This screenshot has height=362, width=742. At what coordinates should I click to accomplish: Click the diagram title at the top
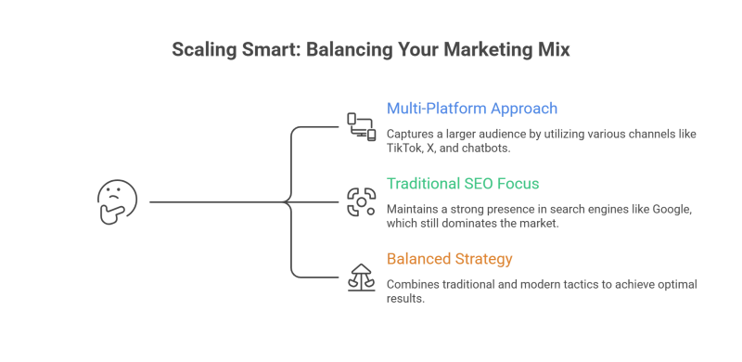[371, 50]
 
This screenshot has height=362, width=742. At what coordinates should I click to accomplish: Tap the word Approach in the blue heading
[531, 109]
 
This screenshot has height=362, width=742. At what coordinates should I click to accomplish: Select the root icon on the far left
[119, 202]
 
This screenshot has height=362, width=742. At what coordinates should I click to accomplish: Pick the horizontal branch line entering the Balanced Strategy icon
[315, 278]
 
